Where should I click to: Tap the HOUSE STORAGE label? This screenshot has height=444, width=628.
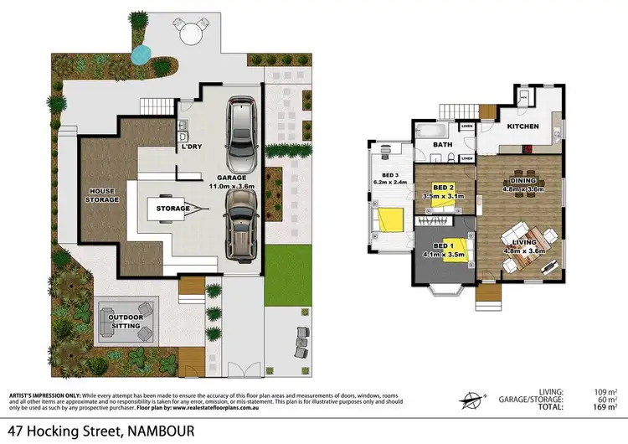click(103, 195)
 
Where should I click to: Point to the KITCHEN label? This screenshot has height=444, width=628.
click(521, 127)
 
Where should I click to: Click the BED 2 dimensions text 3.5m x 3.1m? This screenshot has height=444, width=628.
click(442, 197)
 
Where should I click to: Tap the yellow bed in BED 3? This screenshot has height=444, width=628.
click(391, 219)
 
